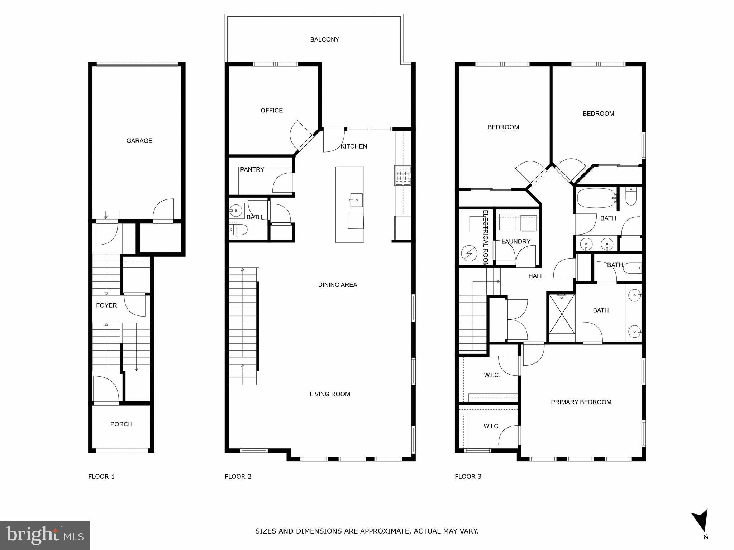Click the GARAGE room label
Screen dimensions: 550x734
coord(139,141)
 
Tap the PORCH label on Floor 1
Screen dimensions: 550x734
coord(121,424)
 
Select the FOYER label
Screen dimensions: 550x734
coord(106,305)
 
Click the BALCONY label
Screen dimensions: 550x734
coord(324,39)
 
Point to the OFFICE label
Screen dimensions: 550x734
coord(272,110)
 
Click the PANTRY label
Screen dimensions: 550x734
coord(252,169)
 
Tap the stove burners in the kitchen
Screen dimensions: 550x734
coord(403,175)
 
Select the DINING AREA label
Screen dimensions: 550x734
coord(338,285)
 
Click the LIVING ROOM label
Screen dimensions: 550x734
coord(330,394)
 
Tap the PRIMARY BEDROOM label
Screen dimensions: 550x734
coord(581,402)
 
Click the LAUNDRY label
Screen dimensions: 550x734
coord(516,241)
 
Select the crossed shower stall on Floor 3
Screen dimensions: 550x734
coord(562,314)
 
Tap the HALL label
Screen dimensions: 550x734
coord(536,276)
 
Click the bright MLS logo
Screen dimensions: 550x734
coord(45,535)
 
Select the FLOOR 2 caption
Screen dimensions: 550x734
coord(238,476)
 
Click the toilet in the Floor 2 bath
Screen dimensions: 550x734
coord(238,230)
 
